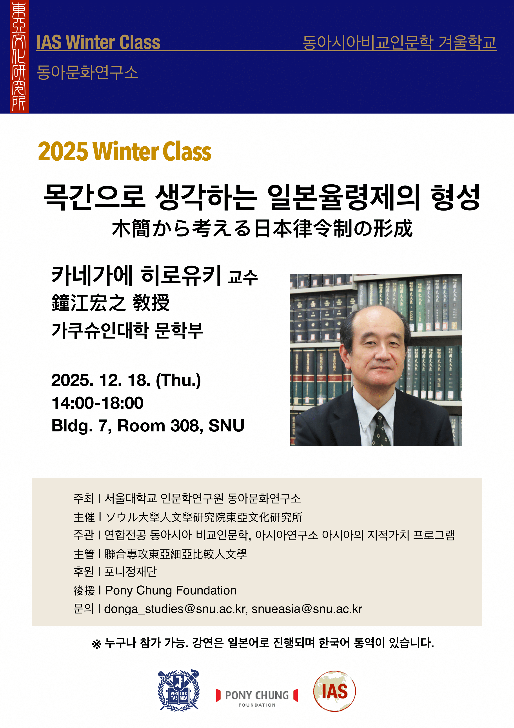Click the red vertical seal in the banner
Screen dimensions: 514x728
[19, 57]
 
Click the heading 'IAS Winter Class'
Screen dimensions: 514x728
[98, 42]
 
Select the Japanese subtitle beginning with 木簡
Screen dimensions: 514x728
[262, 228]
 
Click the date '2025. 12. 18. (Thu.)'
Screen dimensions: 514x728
[126, 380]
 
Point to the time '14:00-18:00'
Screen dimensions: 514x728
[98, 403]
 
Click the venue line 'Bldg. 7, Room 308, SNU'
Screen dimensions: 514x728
[148, 425]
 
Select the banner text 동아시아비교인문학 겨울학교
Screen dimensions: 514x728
[399, 42]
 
